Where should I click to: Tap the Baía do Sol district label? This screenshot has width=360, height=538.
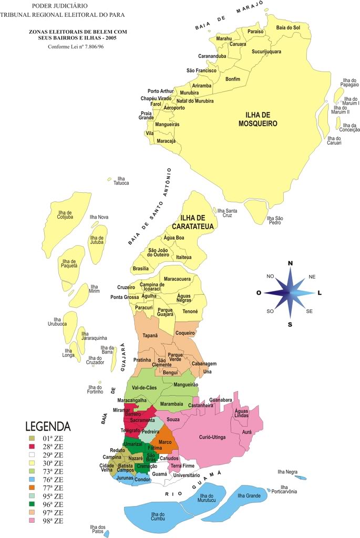point(289,27)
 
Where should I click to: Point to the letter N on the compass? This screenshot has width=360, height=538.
point(290,264)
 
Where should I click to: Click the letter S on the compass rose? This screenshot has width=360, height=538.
point(290,324)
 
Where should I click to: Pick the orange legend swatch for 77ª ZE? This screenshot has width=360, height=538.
point(33,488)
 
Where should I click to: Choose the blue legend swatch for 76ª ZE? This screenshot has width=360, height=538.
point(33,479)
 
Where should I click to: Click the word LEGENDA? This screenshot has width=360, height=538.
point(48,426)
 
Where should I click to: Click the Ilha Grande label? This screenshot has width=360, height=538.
point(249,495)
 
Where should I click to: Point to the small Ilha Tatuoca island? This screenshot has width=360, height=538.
point(110,179)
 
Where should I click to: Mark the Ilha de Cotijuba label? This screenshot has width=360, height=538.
point(65,215)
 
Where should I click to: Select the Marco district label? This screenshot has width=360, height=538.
point(165,442)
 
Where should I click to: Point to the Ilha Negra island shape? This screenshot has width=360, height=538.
point(302,478)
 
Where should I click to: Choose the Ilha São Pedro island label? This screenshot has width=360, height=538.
point(275,220)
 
